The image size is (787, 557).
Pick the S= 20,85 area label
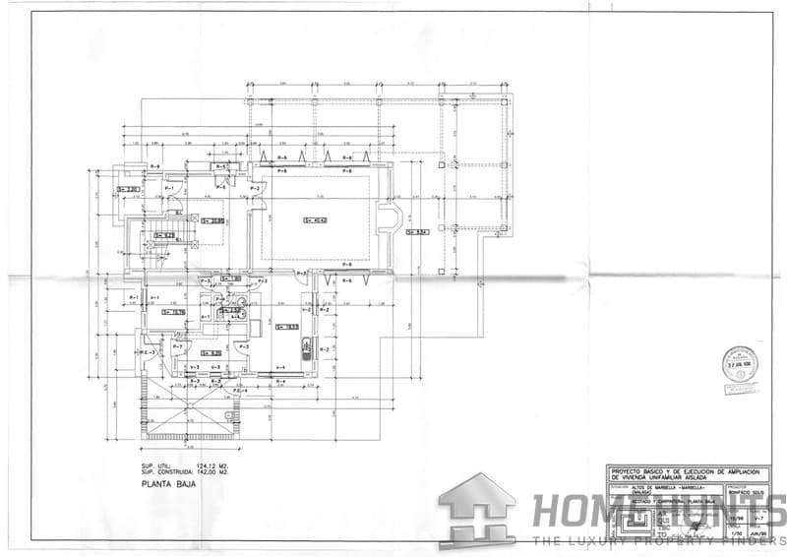pos(212,220)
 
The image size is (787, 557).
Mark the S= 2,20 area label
pos(128,189)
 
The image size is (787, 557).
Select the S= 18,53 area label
pos(287,328)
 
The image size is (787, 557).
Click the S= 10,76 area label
pos(174,312)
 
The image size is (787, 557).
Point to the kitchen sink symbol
pos(306,347)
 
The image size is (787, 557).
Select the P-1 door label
pos(169,188)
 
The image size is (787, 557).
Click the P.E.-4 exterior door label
pos(238,391)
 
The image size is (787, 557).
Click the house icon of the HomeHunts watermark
pos(476,509)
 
